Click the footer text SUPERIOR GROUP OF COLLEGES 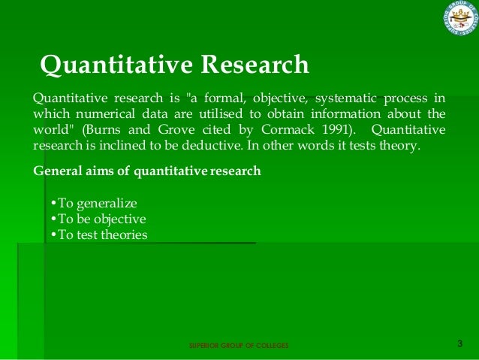[x=238, y=346]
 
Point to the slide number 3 [x=460, y=344]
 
